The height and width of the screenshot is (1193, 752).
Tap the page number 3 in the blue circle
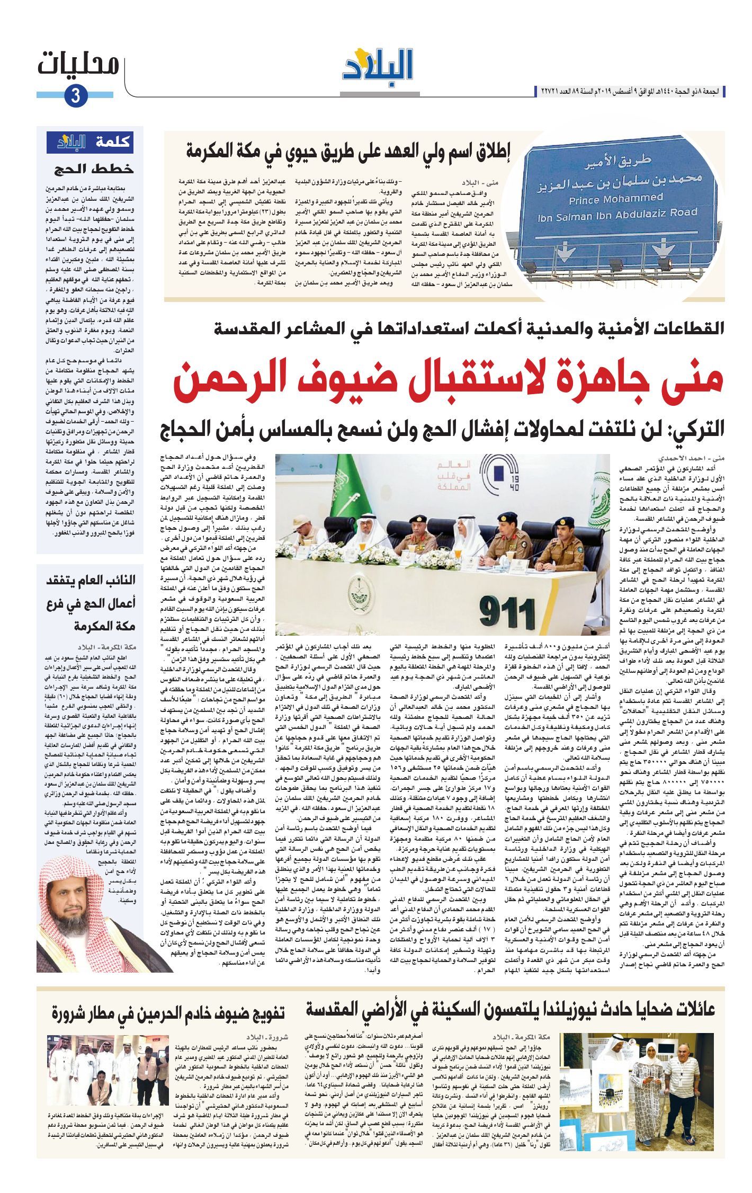click(75, 96)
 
